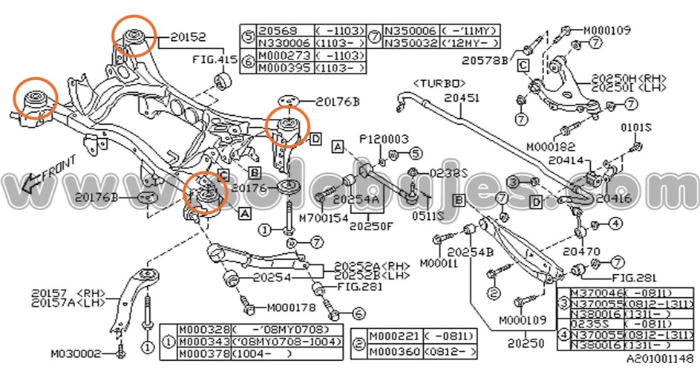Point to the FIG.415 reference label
(x=210, y=57)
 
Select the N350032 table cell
(x=410, y=43)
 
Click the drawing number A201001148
(x=658, y=359)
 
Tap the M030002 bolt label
(x=75, y=353)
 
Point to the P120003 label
(x=385, y=139)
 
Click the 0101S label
(x=635, y=127)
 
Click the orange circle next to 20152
(x=134, y=35)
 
